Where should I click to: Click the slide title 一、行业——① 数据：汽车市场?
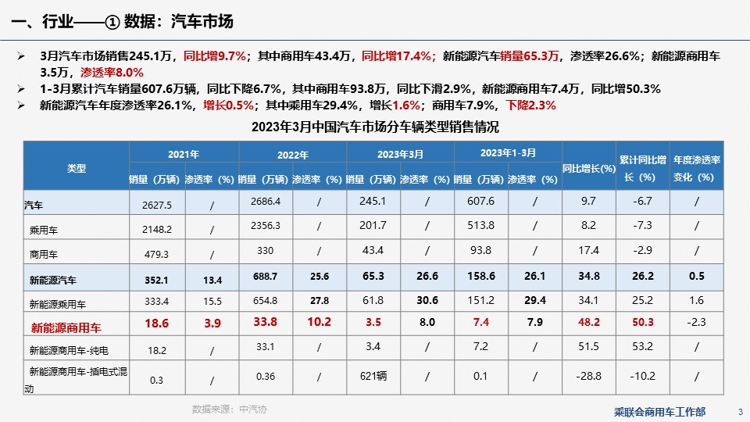tap(123, 21)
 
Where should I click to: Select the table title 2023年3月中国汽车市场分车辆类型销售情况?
tap(375, 127)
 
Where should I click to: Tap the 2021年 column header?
tap(183, 154)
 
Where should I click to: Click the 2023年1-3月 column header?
tap(508, 152)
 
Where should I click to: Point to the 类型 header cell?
tap(77, 167)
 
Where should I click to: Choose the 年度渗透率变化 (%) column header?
tap(696, 167)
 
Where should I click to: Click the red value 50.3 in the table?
tap(642, 322)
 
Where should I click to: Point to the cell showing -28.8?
tap(588, 377)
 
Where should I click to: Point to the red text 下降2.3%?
tap(530, 105)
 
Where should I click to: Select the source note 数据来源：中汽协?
tap(230, 409)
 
